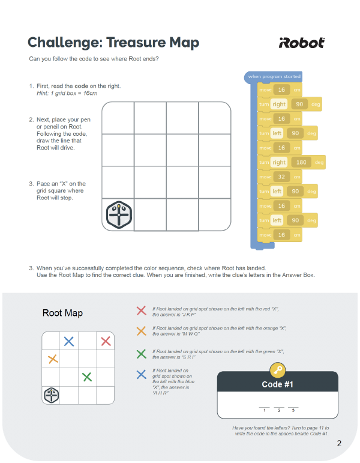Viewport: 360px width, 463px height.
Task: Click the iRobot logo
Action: click(x=302, y=43)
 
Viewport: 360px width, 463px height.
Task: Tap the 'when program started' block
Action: click(x=274, y=76)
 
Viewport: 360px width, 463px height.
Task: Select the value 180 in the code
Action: click(x=300, y=162)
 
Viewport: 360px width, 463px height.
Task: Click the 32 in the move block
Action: click(x=281, y=177)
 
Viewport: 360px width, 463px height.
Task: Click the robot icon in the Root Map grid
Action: click(x=52, y=395)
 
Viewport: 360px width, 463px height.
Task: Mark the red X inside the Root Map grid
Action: click(x=106, y=341)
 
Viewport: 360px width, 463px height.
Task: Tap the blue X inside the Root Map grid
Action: click(x=69, y=341)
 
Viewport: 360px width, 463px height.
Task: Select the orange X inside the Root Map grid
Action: click(x=52, y=359)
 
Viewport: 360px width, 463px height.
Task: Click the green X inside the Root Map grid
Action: click(x=87, y=377)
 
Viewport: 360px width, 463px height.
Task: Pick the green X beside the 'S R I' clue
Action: click(x=141, y=354)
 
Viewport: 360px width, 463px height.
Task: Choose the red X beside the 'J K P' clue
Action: click(x=141, y=310)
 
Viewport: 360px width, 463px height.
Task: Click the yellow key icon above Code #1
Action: click(x=277, y=370)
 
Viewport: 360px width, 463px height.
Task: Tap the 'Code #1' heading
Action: click(x=277, y=384)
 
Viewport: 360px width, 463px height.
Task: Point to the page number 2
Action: click(x=339, y=444)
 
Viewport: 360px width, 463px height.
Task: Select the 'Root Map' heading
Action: click(x=62, y=313)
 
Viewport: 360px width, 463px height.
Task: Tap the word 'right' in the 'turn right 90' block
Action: click(x=279, y=104)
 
